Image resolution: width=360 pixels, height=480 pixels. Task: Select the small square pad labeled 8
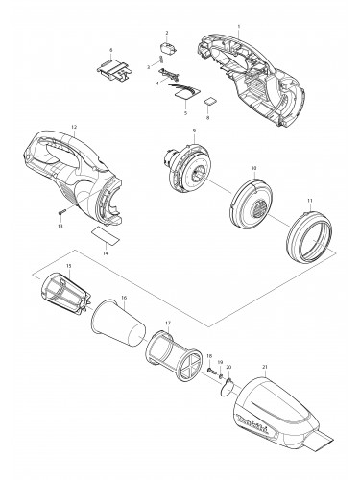[x=209, y=100]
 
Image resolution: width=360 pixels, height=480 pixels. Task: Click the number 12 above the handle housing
[x=74, y=128]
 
